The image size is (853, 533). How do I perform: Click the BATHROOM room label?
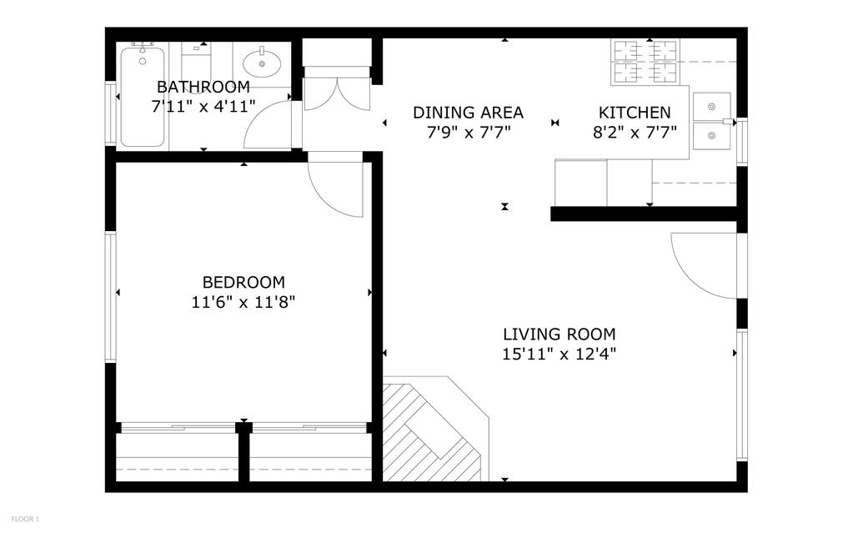click(203, 87)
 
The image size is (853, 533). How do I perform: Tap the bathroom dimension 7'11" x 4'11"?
click(203, 106)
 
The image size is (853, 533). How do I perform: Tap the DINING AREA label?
click(468, 113)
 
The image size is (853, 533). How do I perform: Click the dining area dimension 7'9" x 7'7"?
click(468, 132)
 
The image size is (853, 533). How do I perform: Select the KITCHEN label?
click(634, 113)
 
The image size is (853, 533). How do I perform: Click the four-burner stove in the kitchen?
click(646, 62)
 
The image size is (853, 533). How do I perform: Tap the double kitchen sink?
click(711, 120)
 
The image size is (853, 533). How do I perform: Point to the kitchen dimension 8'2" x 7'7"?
click(634, 132)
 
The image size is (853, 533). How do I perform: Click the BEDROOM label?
click(243, 283)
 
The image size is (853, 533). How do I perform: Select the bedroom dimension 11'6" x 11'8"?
click(243, 302)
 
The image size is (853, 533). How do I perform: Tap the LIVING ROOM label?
click(559, 334)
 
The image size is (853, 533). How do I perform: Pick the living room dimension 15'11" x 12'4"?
click(559, 354)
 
